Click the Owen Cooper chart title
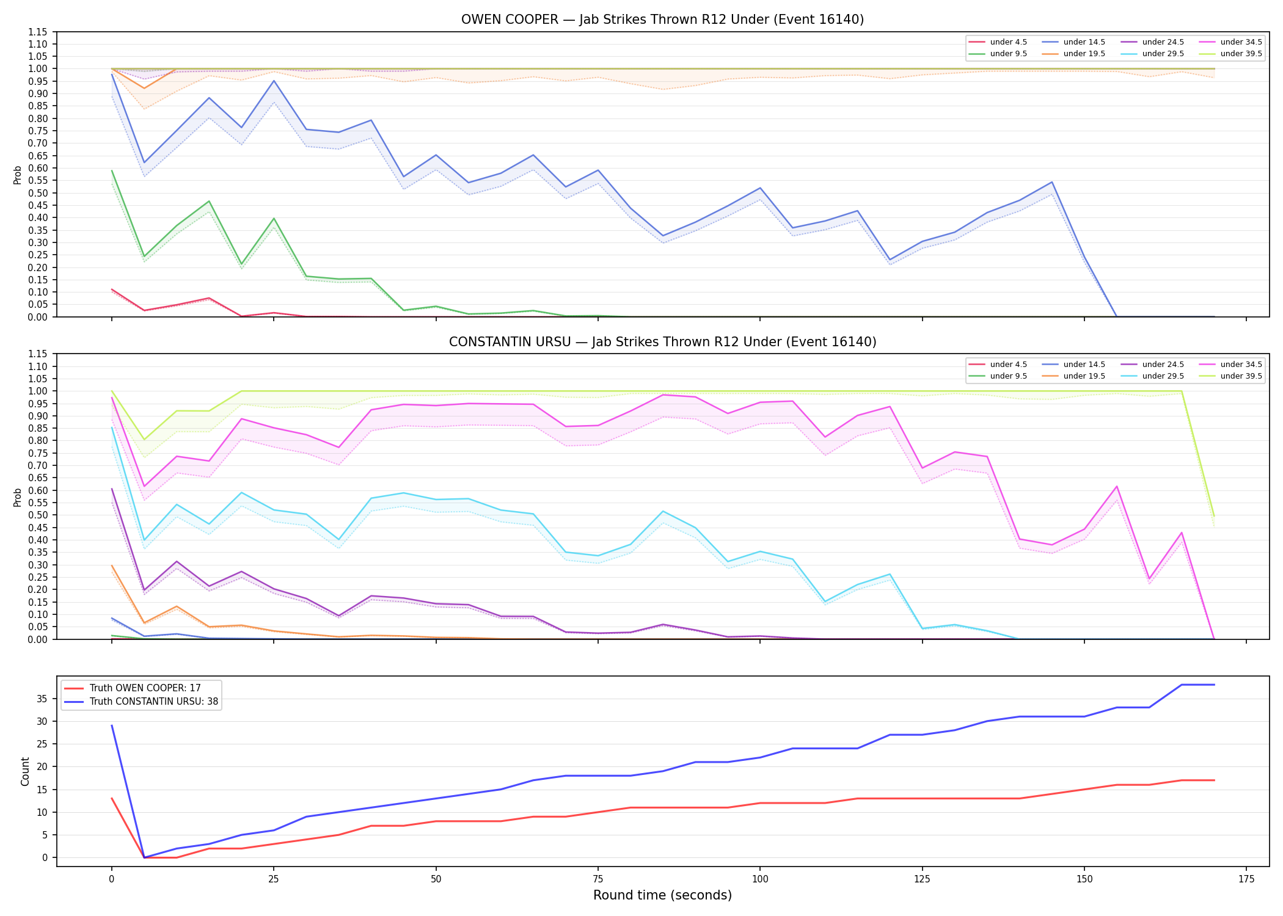[x=662, y=20]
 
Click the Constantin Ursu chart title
[x=662, y=342]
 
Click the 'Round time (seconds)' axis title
[x=662, y=895]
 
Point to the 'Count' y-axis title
[x=25, y=771]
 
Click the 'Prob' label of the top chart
[x=18, y=175]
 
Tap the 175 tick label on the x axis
[x=1246, y=879]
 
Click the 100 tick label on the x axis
[x=759, y=879]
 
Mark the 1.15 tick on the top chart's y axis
[x=38, y=32]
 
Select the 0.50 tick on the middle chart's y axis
[x=38, y=515]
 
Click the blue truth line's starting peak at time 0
[x=112, y=725]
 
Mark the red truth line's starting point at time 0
[x=112, y=798]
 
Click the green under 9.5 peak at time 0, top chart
[x=112, y=170]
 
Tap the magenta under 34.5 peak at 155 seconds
[x=1117, y=486]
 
